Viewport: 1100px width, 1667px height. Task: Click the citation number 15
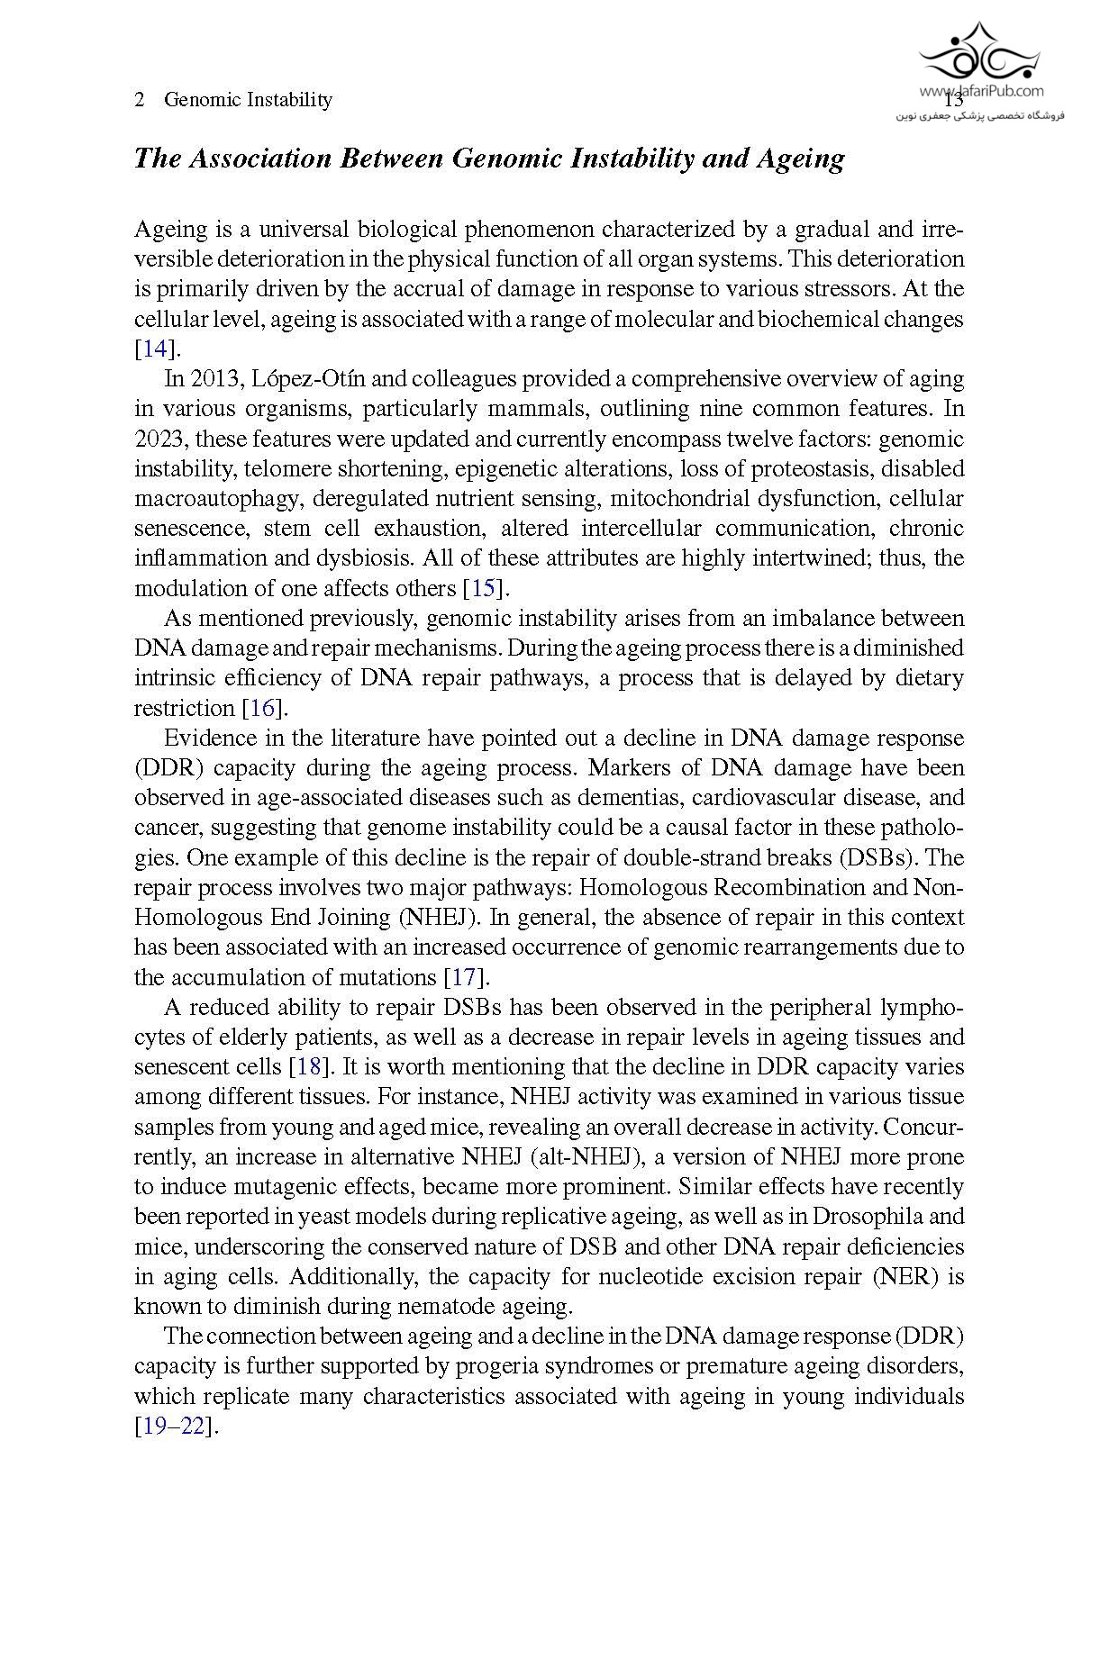(x=483, y=589)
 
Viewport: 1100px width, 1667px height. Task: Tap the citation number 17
(x=462, y=978)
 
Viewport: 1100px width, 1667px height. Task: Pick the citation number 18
(x=308, y=1067)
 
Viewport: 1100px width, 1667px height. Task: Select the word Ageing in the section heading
(x=800, y=159)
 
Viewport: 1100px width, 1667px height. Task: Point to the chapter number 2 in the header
(x=140, y=100)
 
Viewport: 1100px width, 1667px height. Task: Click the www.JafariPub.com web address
(x=981, y=90)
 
